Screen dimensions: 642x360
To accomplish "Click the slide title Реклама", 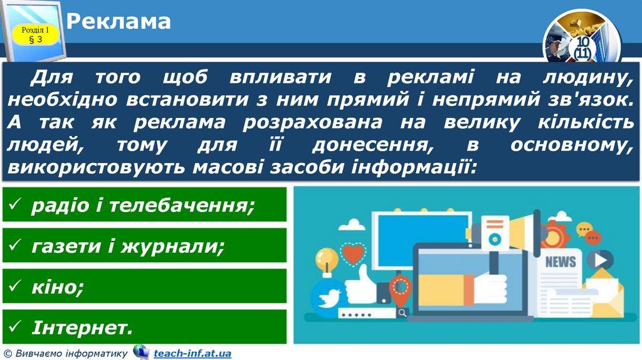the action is (x=118, y=22).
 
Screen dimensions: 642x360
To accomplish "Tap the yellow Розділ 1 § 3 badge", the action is (x=35, y=35).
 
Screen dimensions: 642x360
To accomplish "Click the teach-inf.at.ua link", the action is (x=192, y=353).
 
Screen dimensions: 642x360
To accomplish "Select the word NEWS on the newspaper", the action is (x=560, y=262).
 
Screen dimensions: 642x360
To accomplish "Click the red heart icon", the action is (x=353, y=253).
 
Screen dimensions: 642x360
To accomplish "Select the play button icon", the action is (x=600, y=260).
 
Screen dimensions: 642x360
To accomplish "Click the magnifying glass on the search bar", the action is (x=402, y=314).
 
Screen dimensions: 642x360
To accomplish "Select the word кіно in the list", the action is (x=54, y=287).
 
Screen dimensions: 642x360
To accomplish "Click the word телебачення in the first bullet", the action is (x=177, y=205).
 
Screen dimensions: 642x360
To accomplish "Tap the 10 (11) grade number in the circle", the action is (x=582, y=48).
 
